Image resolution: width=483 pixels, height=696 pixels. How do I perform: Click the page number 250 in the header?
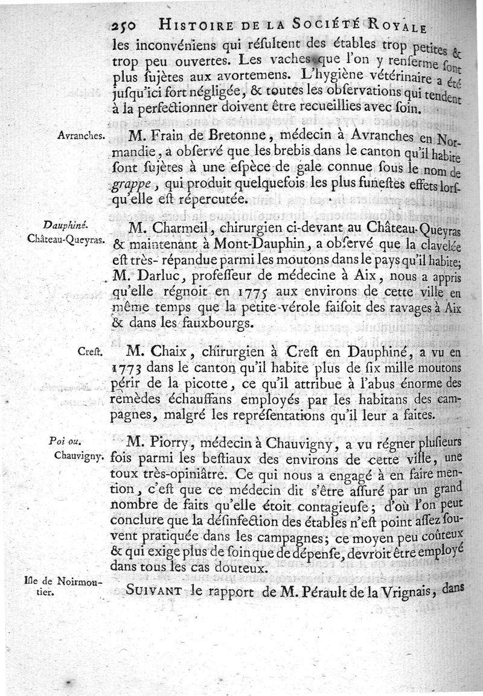pos(126,25)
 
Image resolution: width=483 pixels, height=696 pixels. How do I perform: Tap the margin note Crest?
pos(92,351)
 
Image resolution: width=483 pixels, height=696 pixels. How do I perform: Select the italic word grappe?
pos(132,184)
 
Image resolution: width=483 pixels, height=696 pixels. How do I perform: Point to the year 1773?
pos(127,368)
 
